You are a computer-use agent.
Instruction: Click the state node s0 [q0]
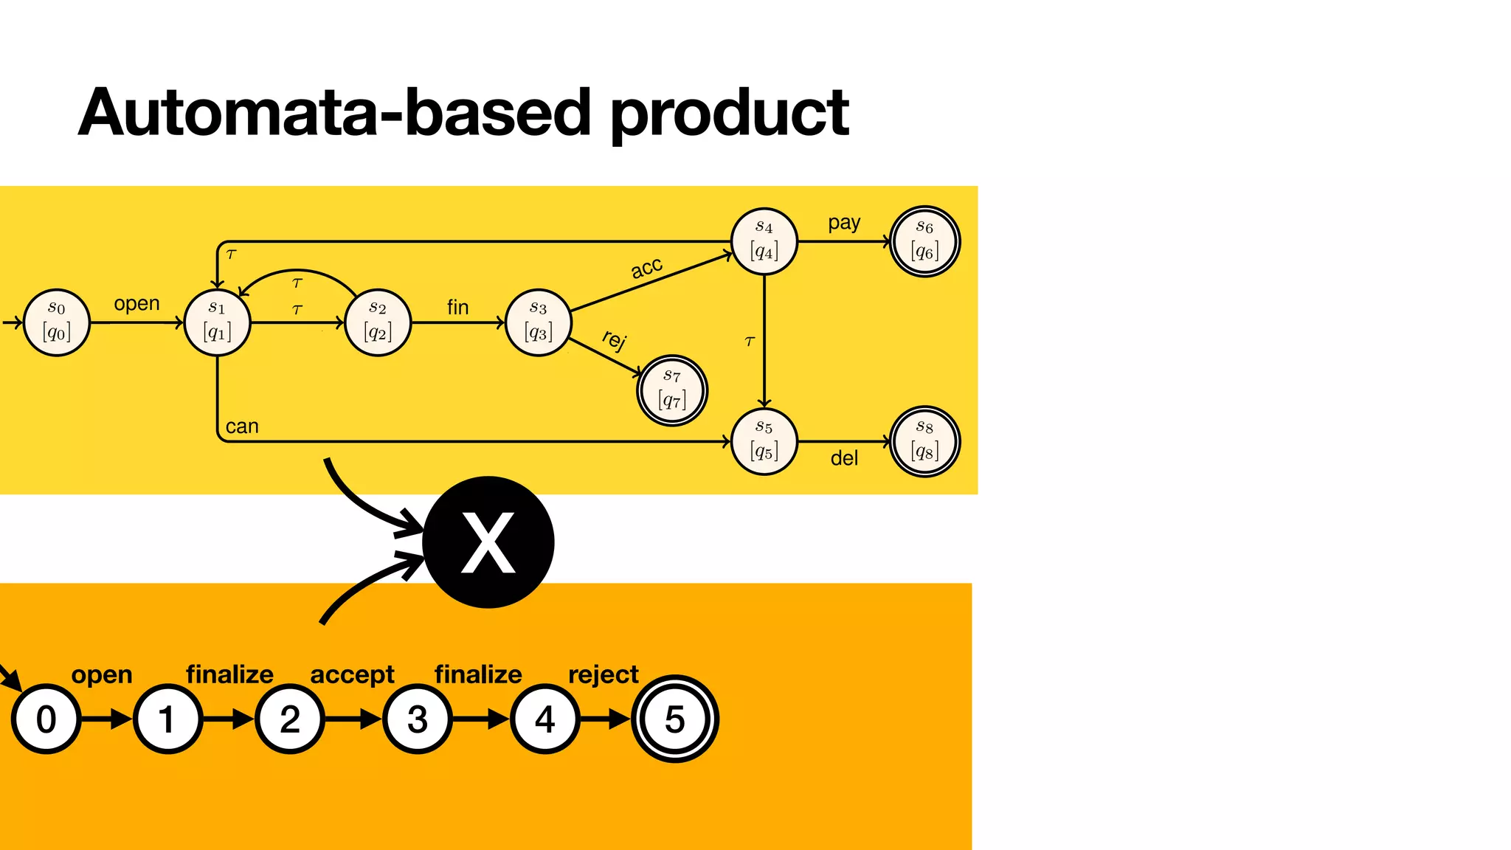57,322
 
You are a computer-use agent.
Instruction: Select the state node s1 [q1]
217,322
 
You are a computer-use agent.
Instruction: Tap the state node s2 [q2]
378,322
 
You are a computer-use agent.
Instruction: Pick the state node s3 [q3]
539,322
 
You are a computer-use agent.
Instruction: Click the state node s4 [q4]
764,241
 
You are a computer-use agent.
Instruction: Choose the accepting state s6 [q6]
924,241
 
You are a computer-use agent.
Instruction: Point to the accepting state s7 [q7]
672,391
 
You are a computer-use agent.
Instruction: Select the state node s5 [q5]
764,441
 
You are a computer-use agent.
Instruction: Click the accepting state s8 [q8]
924,441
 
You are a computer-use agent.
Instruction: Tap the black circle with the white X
488,542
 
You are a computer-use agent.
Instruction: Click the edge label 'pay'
844,223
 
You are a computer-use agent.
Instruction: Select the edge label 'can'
242,426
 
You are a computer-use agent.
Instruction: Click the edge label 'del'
844,458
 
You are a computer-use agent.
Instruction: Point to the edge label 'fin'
457,307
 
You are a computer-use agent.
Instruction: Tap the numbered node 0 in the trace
46,719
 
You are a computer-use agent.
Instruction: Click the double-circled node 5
675,719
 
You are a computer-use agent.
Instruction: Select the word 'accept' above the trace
352,674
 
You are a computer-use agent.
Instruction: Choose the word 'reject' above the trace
603,674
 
